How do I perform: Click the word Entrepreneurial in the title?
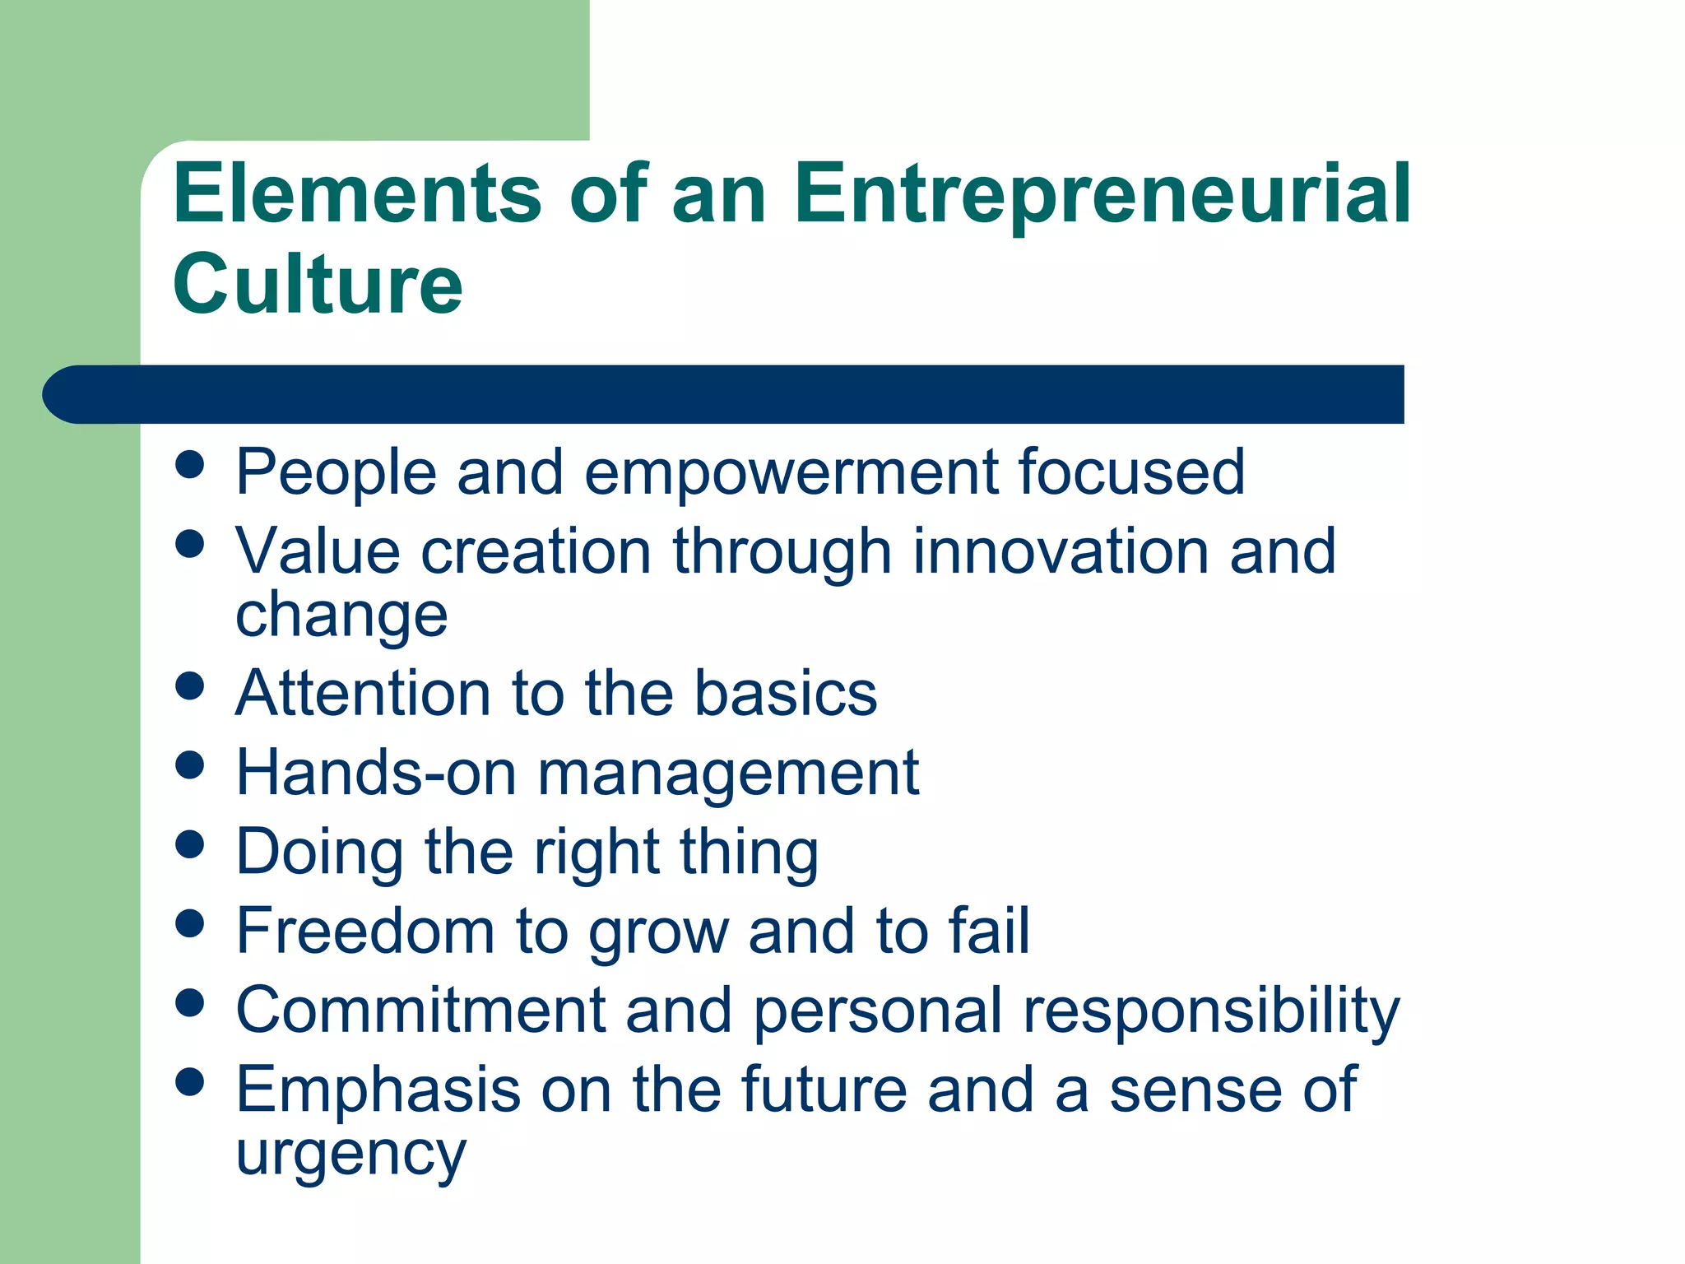tap(1102, 194)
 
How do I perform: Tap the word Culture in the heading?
tap(318, 284)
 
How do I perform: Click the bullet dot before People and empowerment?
tap(190, 464)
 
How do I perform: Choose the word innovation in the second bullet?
tap(1060, 551)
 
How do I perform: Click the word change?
tap(341, 615)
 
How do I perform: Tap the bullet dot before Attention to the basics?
tap(190, 685)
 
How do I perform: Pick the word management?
tap(728, 774)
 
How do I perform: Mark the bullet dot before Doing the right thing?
tap(190, 844)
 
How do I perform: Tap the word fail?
tap(989, 931)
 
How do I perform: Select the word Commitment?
tap(420, 1010)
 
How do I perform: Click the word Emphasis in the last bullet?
tap(378, 1090)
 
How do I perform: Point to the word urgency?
tap(350, 1155)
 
